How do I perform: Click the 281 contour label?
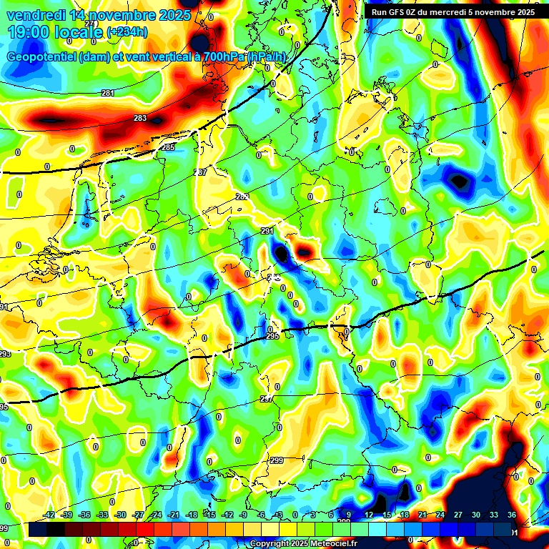(x=108, y=94)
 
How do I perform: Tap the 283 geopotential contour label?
(x=140, y=119)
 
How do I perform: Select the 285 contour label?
(x=168, y=147)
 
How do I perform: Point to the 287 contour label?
(x=200, y=173)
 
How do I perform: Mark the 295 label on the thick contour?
(x=272, y=336)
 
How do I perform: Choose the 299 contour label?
(x=277, y=461)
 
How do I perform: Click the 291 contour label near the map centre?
(x=268, y=232)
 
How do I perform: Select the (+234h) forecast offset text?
(x=127, y=32)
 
